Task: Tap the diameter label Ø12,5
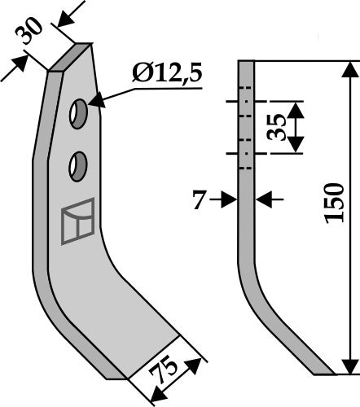click(166, 77)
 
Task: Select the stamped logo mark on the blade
click(77, 222)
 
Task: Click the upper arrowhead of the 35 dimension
click(295, 107)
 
